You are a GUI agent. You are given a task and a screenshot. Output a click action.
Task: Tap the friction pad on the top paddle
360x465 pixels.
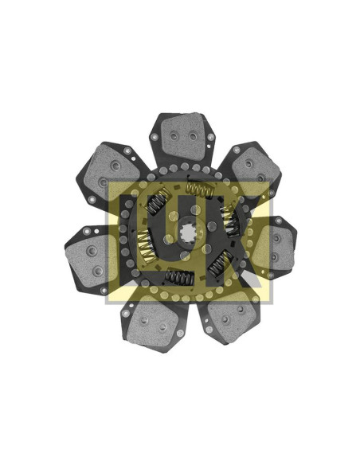pyautogui.click(x=183, y=135)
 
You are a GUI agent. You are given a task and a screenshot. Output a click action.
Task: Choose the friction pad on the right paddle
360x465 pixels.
pyautogui.click(x=274, y=248)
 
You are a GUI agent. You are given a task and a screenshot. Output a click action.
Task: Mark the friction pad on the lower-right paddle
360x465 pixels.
pyautogui.click(x=231, y=316)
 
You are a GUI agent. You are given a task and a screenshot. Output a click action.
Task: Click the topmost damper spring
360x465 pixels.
pyautogui.click(x=200, y=190)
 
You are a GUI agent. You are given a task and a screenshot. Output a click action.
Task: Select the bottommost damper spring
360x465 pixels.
pyautogui.click(x=179, y=278)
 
